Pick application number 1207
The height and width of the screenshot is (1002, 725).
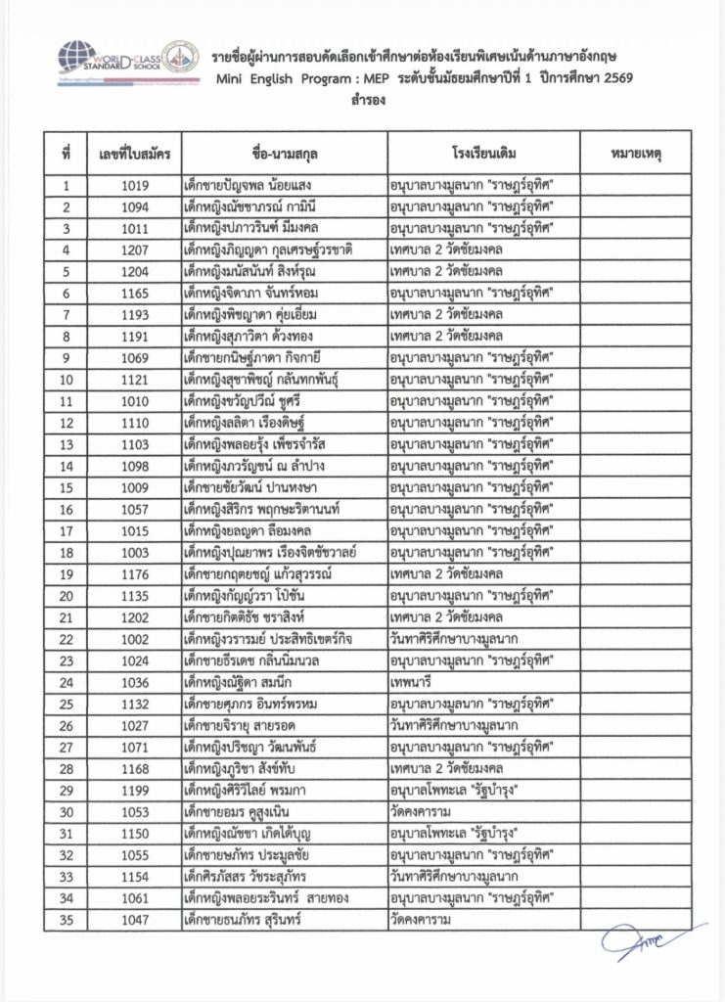click(134, 250)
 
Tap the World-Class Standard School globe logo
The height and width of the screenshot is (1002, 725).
click(75, 61)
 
